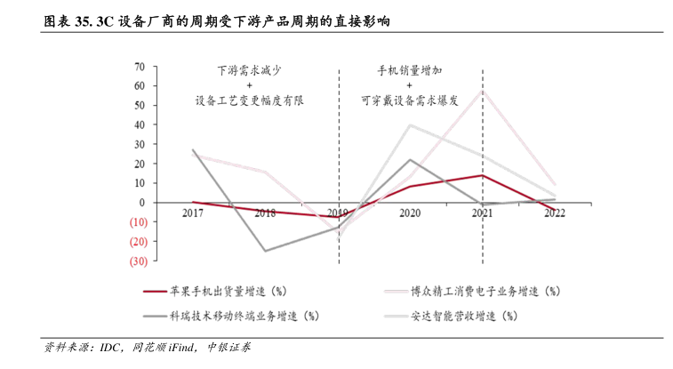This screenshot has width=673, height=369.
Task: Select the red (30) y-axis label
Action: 137,261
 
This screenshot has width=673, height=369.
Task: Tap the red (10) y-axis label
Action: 137,221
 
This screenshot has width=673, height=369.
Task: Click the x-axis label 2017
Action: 193,213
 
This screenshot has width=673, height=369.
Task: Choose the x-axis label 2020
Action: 410,213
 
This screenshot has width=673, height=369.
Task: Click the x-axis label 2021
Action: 482,213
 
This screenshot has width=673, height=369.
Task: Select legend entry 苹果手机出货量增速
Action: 228,291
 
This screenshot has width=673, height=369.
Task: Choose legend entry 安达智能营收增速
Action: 462,316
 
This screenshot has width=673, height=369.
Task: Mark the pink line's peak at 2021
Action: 482,90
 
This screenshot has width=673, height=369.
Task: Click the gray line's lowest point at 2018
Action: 265,251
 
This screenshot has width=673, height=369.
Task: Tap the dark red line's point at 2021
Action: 482,175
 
